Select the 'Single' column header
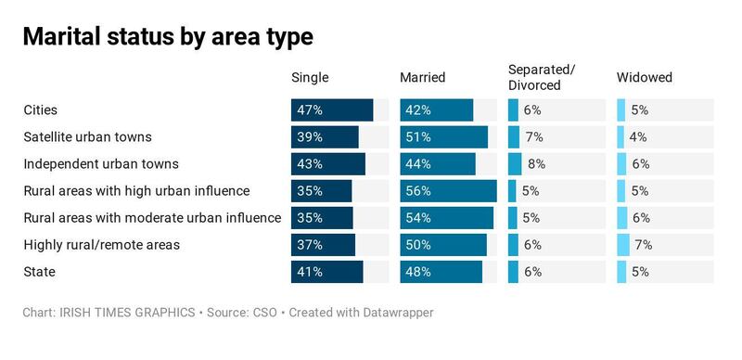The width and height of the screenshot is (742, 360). point(310,78)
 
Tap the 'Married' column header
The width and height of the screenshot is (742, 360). point(422,78)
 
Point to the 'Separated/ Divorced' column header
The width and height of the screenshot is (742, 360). point(542,78)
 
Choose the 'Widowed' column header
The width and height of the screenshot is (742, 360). point(644,78)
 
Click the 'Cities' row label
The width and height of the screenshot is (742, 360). point(40,110)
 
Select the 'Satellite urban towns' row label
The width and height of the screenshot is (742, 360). point(87,137)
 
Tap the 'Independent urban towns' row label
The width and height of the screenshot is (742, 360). point(100,164)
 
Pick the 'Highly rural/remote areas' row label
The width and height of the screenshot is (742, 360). point(101,245)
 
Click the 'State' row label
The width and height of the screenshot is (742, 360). point(39,272)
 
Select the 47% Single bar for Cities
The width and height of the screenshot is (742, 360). point(332,110)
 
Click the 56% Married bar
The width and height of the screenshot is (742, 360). point(448,191)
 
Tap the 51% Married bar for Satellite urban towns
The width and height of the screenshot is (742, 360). point(443,137)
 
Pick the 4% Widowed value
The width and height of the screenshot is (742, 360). point(638,137)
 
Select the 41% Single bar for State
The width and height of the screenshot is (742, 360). point(326,272)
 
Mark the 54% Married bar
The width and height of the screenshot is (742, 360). point(446,218)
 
